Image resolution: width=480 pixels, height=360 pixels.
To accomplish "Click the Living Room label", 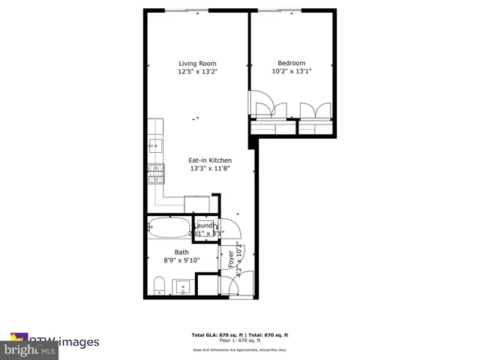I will tap(197, 63).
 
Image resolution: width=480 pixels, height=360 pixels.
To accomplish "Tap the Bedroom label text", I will tap(291, 63).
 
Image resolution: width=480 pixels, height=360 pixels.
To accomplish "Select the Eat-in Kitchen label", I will tap(209, 160).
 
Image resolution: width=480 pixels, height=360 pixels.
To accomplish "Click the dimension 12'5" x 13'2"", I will tap(197, 72).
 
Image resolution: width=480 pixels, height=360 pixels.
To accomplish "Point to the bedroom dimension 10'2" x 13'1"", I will tap(291, 72).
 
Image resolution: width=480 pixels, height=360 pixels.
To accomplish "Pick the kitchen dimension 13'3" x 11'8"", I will tap(209, 169).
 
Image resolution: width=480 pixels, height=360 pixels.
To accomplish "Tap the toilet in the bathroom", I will tap(157, 285).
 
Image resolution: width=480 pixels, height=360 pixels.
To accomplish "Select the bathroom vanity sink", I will tap(182, 287).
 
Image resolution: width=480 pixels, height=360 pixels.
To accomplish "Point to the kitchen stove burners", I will tap(156, 176).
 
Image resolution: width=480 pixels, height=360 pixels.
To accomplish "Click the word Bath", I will tap(181, 252).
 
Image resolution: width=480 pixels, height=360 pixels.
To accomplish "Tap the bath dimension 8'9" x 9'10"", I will tap(181, 261).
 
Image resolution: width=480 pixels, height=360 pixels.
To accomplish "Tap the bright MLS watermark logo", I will tap(30, 349).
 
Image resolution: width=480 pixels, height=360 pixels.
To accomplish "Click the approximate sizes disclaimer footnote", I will tap(240, 349).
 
